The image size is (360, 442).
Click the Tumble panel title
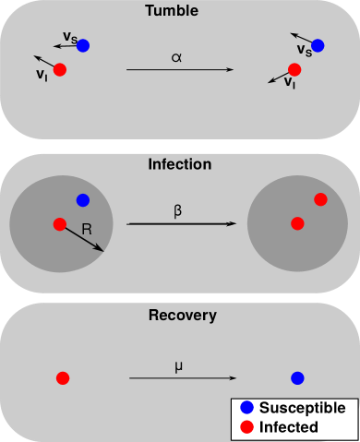pos(179,11)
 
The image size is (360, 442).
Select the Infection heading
pos(179,165)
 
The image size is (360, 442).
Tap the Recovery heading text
pos(182,316)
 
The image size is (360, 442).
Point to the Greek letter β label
pos(178,210)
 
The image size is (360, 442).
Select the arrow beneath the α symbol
pos(179,70)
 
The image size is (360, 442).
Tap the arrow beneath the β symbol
pos(179,223)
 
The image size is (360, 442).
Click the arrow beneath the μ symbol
pos(182,377)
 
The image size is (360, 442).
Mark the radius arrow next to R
pos(81,237)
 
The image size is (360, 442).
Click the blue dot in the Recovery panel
pos(297,378)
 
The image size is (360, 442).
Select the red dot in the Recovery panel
pos(63,377)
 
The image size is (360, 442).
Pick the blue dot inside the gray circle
pos(83,199)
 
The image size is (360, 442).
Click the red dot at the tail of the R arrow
pos(59,223)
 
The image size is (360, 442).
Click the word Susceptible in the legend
pos(302,408)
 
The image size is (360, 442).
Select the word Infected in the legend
pos(288,427)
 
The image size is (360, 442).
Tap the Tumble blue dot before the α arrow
pos(83,45)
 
